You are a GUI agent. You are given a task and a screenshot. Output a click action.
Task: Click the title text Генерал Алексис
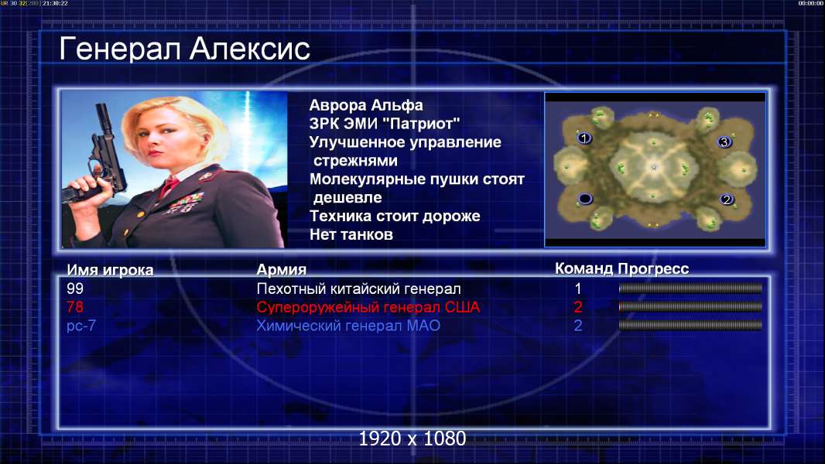(184, 49)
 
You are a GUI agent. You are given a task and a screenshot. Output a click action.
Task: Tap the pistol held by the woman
(100, 158)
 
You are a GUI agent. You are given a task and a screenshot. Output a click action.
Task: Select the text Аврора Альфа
(365, 105)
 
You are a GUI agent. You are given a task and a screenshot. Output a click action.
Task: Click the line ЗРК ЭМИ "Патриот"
(384, 124)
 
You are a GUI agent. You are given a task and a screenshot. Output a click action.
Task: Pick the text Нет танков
(351, 234)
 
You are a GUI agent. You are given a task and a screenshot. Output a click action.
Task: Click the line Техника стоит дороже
(395, 216)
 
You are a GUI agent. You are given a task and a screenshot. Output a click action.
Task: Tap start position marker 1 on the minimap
(584, 138)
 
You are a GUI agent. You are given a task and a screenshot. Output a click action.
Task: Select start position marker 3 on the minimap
(724, 142)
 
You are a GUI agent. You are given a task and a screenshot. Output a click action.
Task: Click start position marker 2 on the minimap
(727, 200)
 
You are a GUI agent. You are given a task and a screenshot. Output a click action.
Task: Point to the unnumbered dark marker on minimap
(585, 199)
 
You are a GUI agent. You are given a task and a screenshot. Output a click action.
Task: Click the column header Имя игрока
(110, 270)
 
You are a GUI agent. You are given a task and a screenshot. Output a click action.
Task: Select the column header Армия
(281, 270)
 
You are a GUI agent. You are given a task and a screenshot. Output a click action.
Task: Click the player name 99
(75, 288)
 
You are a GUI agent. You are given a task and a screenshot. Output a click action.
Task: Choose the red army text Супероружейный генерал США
(368, 307)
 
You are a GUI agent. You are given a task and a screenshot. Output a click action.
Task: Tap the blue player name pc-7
(81, 326)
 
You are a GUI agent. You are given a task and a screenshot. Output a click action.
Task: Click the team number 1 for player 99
(577, 288)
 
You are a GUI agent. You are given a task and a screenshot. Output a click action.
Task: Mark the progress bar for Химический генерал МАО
(690, 326)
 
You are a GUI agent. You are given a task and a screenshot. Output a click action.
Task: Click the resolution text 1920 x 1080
(412, 438)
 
